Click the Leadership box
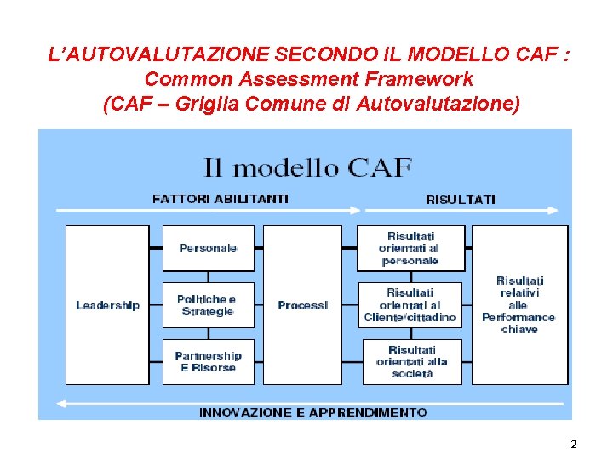(x=107, y=304)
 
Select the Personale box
(x=208, y=247)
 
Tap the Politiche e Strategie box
(x=208, y=305)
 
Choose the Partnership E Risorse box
(x=208, y=361)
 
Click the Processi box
(x=302, y=304)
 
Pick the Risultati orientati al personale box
(x=410, y=247)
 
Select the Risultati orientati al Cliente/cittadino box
(x=410, y=305)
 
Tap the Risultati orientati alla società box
(x=411, y=361)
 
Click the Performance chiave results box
(x=518, y=304)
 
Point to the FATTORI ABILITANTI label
(x=220, y=199)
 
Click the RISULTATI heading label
(x=460, y=200)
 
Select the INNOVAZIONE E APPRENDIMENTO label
(x=312, y=412)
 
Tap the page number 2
(x=574, y=444)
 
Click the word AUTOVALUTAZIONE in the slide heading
(x=159, y=55)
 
